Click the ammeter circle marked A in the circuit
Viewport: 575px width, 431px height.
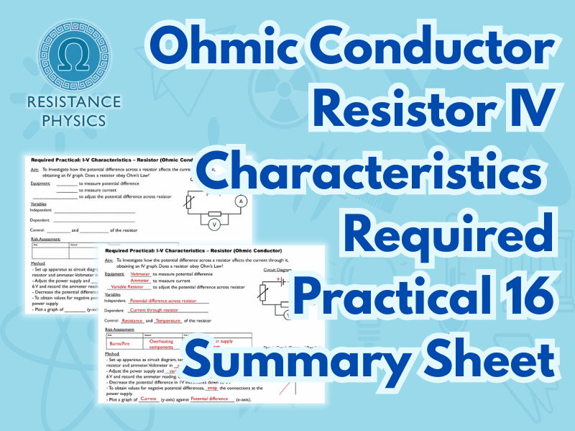(241, 201)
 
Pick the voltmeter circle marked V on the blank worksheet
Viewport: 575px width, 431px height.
(213, 224)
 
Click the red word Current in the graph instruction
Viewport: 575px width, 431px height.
(149, 398)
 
